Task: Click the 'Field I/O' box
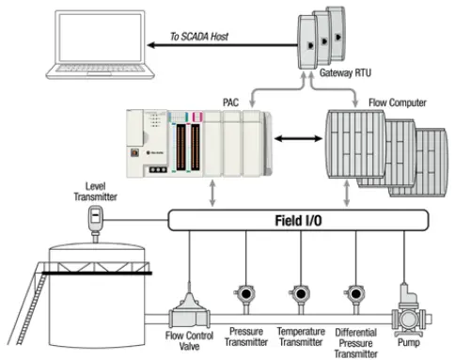tap(298, 221)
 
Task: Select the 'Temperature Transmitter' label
tap(300, 337)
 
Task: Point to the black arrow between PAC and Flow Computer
tap(297, 138)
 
